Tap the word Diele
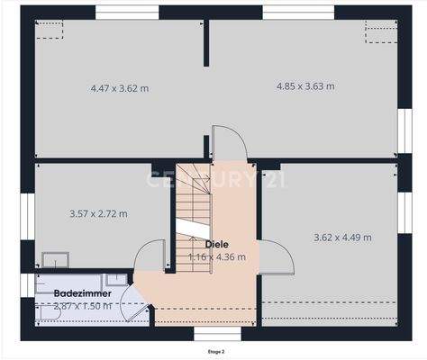point(216,244)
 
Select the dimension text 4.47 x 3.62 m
point(120,88)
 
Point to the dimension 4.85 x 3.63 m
point(304,86)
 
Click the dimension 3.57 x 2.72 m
point(98,214)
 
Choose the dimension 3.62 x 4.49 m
point(342,238)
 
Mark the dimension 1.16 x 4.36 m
point(216,256)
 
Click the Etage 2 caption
point(215,351)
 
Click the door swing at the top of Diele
point(225,144)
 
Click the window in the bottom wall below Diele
point(207,334)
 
